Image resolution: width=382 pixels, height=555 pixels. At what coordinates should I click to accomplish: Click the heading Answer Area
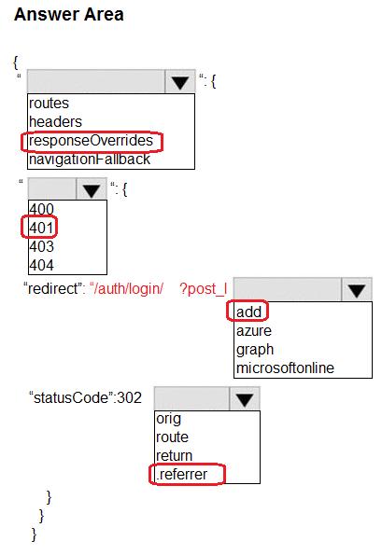(69, 15)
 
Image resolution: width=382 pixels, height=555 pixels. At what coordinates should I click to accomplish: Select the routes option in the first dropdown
(49, 104)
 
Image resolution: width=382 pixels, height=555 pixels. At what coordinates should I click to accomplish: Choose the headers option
(55, 122)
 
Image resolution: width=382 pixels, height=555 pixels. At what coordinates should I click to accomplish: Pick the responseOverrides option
(91, 141)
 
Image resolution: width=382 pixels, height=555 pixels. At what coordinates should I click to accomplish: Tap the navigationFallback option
(90, 160)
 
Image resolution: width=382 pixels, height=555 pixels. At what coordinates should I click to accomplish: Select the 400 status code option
(41, 209)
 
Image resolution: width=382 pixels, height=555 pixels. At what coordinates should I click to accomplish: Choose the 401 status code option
(41, 228)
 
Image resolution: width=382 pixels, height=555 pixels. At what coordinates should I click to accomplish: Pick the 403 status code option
(41, 246)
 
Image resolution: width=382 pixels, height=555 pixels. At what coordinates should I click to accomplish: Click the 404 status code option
(41, 265)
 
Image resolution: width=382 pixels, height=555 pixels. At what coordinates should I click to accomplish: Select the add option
(248, 312)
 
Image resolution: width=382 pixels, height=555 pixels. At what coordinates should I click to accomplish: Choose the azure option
(254, 331)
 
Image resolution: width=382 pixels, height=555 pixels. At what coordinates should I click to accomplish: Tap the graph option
(255, 350)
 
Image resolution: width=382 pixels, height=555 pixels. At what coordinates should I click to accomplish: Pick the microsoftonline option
(285, 368)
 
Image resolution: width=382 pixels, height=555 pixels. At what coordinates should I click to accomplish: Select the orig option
(169, 419)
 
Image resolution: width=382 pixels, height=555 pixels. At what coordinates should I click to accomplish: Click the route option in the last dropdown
(172, 437)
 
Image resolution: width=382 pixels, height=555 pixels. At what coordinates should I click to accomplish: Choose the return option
(175, 456)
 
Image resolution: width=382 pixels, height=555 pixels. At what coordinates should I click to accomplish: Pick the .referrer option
(181, 474)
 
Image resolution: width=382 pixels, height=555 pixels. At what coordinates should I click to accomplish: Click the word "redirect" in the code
(53, 288)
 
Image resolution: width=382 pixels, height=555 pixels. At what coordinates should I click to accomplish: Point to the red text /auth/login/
(127, 289)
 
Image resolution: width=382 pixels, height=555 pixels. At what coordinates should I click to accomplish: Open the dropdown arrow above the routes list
(180, 82)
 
